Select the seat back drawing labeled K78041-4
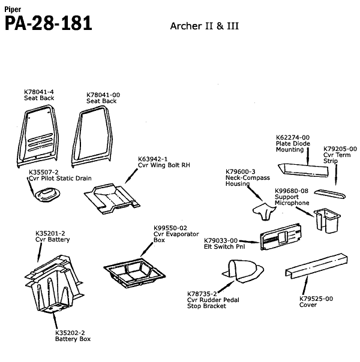[38, 135]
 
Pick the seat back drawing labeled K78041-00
[93, 135]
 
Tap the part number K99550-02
[170, 228]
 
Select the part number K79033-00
[221, 240]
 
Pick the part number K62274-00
[292, 137]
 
